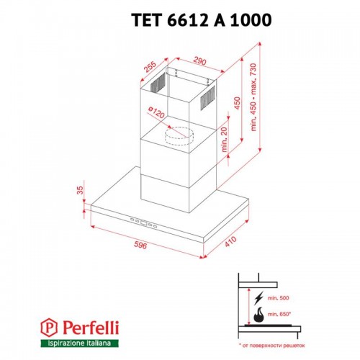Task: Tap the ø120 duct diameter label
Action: tap(158, 114)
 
